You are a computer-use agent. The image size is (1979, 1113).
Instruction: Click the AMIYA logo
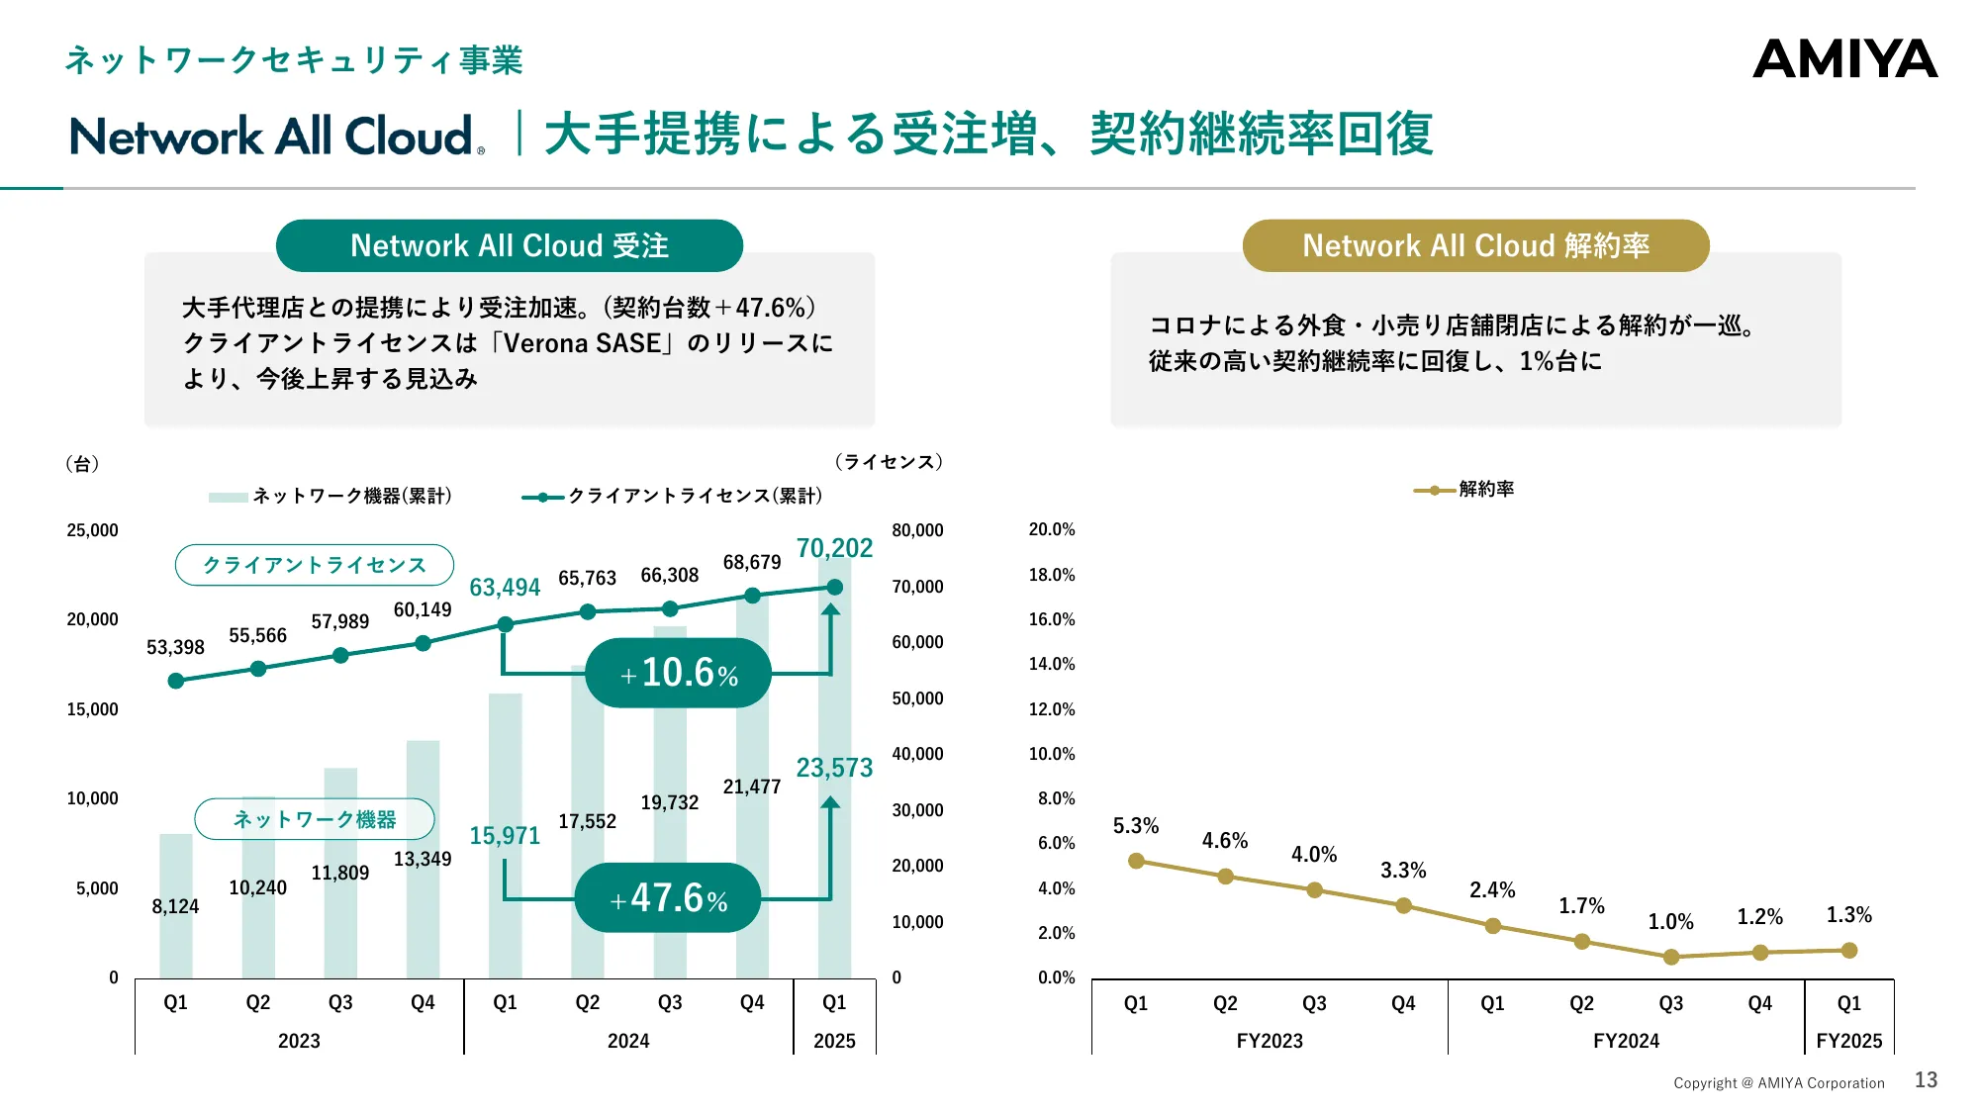click(x=1844, y=59)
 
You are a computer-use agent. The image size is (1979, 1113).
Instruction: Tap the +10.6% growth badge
click(x=679, y=674)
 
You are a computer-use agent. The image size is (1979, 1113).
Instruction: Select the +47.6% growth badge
click(x=668, y=898)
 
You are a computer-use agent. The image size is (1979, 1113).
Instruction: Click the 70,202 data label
click(x=834, y=548)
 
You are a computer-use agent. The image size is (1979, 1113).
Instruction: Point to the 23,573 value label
click(x=834, y=768)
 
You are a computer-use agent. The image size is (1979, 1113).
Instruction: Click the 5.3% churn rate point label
click(x=1135, y=826)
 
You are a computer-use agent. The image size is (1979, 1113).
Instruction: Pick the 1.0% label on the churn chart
click(x=1670, y=922)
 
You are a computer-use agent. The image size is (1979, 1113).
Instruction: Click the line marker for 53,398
click(x=176, y=681)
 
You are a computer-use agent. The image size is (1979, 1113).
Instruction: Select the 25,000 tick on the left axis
click(x=92, y=530)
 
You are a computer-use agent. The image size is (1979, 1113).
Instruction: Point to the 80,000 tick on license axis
click(x=917, y=530)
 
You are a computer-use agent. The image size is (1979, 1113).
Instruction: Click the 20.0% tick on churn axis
click(x=1051, y=530)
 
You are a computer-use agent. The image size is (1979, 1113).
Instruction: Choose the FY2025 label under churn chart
click(x=1848, y=1041)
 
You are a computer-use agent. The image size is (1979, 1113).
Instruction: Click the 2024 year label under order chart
click(x=628, y=1041)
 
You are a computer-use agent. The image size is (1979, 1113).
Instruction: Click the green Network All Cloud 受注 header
click(x=510, y=245)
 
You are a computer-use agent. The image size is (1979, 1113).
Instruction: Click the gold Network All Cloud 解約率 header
click(x=1475, y=245)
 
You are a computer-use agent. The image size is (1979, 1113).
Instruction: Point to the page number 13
click(x=1926, y=1080)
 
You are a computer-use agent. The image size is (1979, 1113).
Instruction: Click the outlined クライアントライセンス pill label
click(x=315, y=565)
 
